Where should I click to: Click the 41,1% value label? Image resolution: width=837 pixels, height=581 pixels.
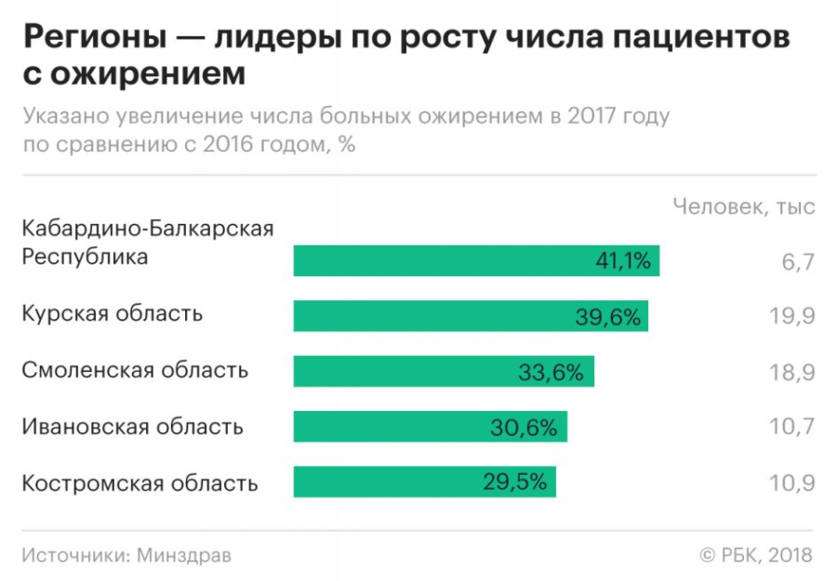coord(622,261)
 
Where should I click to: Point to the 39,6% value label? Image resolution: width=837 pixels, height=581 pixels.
coord(608,317)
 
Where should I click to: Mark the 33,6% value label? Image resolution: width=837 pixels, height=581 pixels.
coord(551,373)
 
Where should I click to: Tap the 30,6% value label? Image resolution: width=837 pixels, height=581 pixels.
coord(524,428)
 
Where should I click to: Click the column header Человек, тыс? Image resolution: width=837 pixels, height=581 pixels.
coord(744,206)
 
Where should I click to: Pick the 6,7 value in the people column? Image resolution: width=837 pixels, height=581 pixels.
coord(798,262)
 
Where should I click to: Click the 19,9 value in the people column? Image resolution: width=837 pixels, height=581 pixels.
coord(792,317)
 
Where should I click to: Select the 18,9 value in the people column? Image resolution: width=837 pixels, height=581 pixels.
coord(792,373)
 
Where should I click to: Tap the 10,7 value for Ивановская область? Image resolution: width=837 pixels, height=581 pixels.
coord(792,428)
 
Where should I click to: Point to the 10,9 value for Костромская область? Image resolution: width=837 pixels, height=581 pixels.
coord(792,482)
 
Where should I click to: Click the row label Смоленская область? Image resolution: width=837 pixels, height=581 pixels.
coord(135,371)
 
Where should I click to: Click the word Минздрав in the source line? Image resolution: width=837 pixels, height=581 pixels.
coord(184,555)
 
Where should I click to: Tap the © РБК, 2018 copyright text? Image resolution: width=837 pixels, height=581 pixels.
coord(755,555)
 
